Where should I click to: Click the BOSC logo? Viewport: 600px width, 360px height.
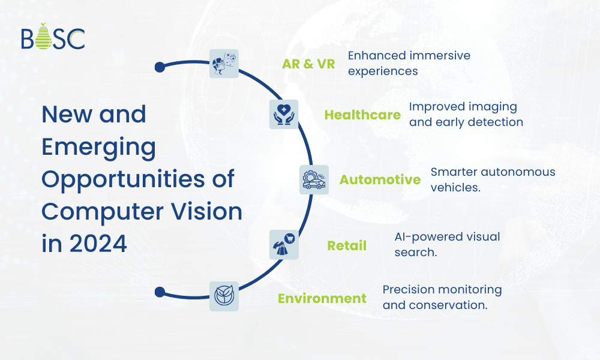tap(52, 37)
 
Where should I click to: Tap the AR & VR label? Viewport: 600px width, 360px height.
tap(308, 64)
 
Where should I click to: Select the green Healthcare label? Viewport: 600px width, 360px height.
tap(362, 115)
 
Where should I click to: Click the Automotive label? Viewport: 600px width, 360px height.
tap(380, 180)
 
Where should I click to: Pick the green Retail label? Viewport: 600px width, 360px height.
tap(346, 246)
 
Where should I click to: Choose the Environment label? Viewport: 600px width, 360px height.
tap(322, 298)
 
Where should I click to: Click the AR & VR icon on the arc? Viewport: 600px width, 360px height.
tap(224, 64)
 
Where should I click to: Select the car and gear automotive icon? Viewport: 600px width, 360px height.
tap(314, 179)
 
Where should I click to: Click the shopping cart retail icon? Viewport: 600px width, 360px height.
tap(284, 244)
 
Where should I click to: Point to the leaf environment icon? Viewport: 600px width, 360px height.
tap(224, 296)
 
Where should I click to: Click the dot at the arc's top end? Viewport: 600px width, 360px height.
tap(160, 67)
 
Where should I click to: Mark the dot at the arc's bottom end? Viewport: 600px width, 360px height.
tap(160, 292)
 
